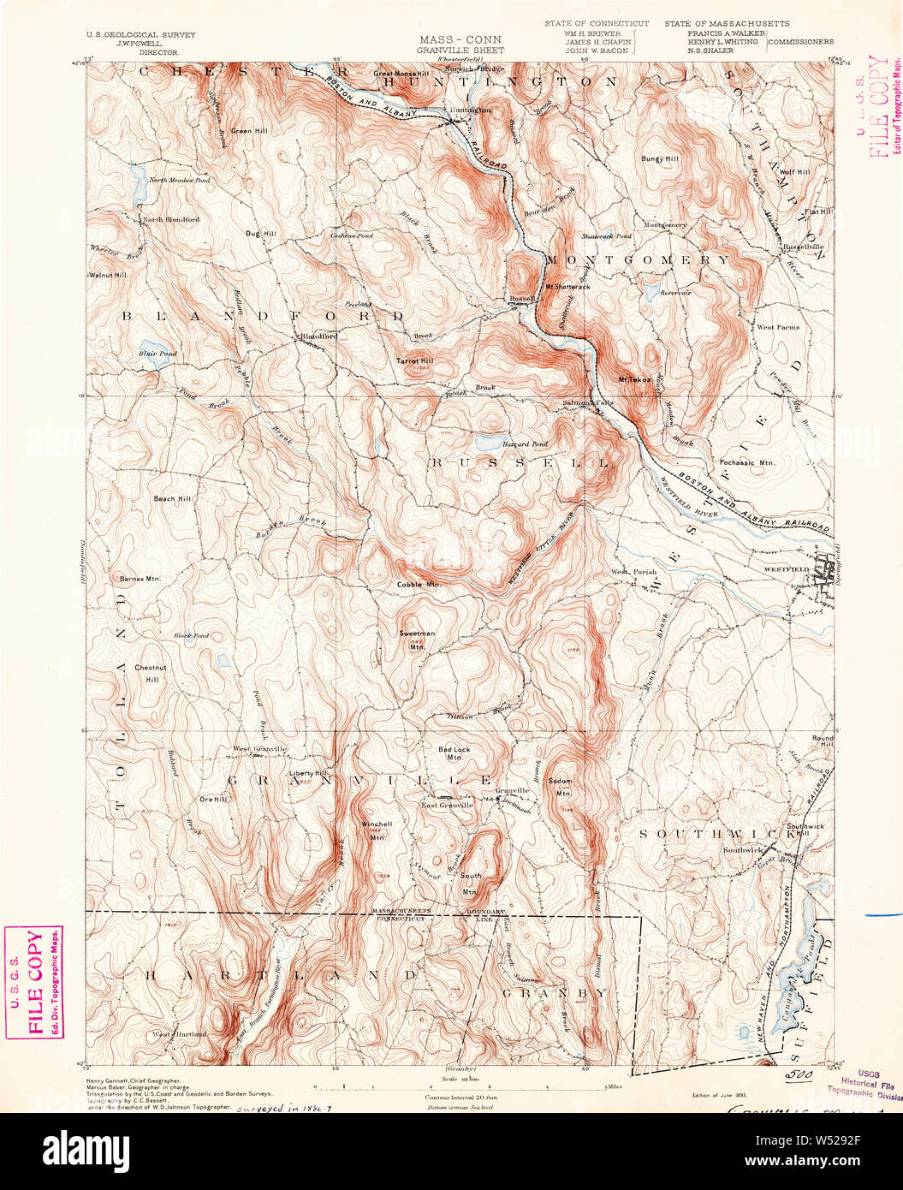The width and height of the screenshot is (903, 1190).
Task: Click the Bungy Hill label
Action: (660, 158)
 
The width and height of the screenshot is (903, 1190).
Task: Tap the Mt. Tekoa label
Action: (634, 379)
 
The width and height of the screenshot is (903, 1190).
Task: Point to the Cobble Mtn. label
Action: (418, 584)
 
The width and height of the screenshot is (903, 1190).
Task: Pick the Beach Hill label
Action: (172, 498)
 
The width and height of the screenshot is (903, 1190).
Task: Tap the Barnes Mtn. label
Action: (140, 579)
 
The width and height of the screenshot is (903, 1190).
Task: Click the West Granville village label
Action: (260, 749)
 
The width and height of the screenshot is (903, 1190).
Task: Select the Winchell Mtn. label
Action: (376, 830)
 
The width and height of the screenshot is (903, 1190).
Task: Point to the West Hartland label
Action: (181, 1034)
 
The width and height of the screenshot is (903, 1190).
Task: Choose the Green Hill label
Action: (249, 131)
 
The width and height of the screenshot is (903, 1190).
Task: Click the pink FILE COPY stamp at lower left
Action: (34, 982)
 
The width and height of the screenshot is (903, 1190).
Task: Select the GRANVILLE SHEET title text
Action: (460, 51)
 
